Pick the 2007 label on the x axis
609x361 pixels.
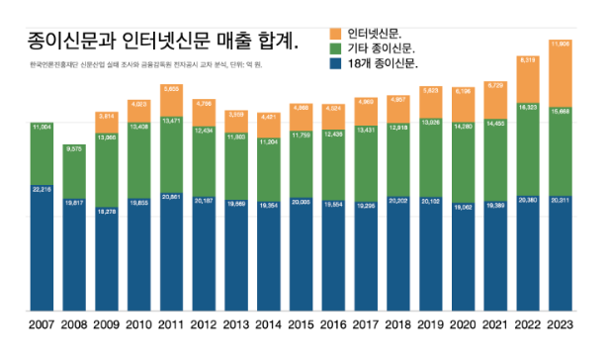pos(43,325)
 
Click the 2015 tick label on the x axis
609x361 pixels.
pos(304,325)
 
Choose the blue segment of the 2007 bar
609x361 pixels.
pos(43,257)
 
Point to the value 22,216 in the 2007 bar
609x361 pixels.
pos(43,189)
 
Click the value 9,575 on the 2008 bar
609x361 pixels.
pos(74,148)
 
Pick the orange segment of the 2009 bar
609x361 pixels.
pos(107,124)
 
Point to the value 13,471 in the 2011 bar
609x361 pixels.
pos(172,121)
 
